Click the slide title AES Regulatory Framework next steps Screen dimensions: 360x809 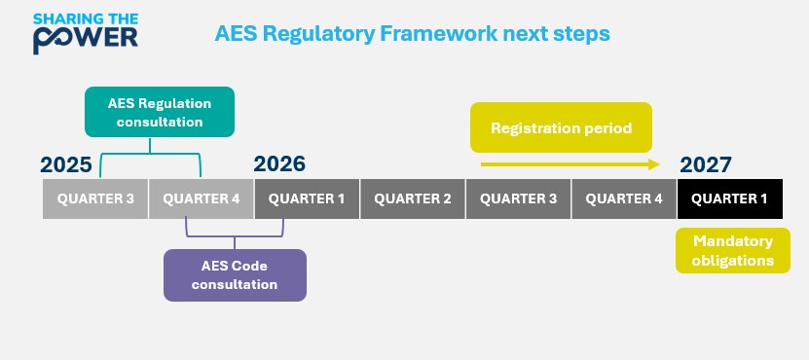coord(412,33)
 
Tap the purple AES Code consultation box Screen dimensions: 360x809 coord(235,274)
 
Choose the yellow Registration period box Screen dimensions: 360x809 coord(561,127)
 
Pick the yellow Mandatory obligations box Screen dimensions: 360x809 coord(732,251)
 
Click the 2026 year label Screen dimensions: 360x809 coord(279,164)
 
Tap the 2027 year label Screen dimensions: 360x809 coord(706,164)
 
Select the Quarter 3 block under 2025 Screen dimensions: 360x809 coord(95,198)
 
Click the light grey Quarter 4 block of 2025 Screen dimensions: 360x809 coord(202,198)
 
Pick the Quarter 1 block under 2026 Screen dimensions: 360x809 coord(307,198)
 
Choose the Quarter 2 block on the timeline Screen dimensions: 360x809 coord(413,198)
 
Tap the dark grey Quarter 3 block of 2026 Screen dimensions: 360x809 coord(518,198)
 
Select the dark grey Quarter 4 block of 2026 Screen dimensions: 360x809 coord(624,198)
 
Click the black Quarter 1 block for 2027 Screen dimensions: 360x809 coord(730,198)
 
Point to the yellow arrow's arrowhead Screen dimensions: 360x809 coord(655,165)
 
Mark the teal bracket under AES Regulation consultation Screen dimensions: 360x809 coord(150,153)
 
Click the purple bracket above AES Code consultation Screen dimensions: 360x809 coord(234,234)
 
